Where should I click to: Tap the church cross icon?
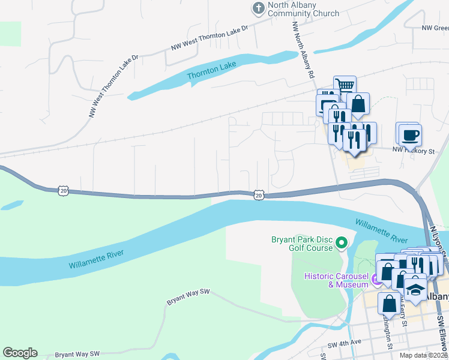258,8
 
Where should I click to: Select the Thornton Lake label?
208,74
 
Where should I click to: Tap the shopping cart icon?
345,85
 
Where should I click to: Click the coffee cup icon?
410,134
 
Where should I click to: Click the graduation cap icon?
415,290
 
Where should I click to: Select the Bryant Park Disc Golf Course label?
301,244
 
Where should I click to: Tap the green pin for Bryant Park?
342,243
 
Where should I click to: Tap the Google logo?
20,353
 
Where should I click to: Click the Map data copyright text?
424,355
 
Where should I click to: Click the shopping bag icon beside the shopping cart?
358,103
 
